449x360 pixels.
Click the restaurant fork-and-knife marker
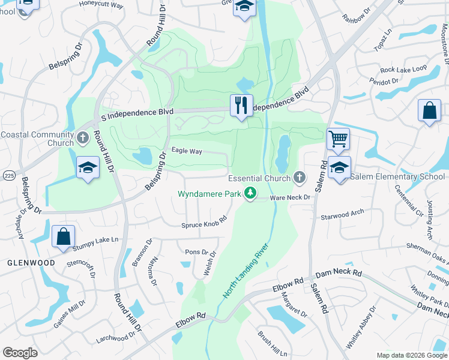241,106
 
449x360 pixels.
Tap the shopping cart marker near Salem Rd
339,139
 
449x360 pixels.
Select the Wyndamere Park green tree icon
250,193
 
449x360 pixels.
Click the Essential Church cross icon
299,178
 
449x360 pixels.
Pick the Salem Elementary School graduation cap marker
339,168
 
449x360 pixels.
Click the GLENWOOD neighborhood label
31,263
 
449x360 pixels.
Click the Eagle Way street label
187,151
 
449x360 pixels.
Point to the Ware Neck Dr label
289,197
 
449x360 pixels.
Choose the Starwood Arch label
342,212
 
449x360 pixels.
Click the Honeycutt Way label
101,5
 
